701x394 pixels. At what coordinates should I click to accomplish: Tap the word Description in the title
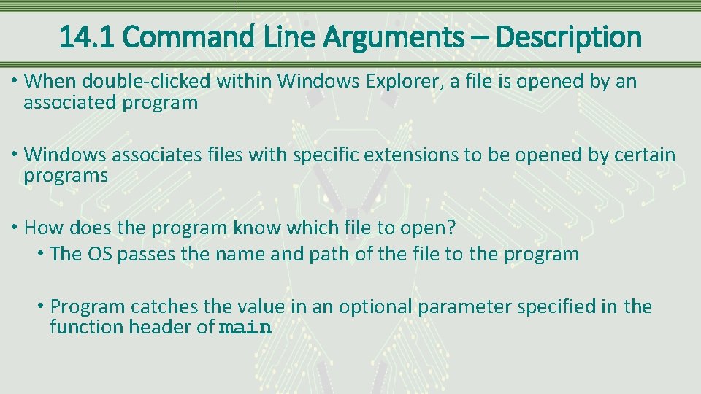coord(570,36)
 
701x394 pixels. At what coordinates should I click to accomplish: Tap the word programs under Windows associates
coord(66,176)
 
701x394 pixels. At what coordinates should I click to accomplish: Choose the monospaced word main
coord(245,328)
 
